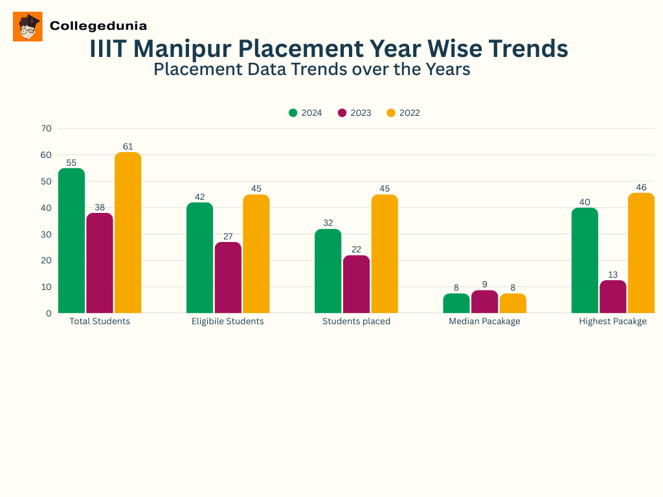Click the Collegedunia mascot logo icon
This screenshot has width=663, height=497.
[28, 27]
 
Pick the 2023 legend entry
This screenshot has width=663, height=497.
[354, 113]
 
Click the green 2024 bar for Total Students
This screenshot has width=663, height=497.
[71, 241]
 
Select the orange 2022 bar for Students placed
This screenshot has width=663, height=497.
[385, 254]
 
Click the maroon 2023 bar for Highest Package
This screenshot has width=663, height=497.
[612, 296]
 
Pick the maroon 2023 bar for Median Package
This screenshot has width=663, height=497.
[484, 302]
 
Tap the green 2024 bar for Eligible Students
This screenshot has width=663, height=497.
[199, 258]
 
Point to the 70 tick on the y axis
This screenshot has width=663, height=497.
[46, 128]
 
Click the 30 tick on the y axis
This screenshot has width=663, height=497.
[46, 234]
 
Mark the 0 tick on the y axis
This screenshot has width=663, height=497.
[49, 313]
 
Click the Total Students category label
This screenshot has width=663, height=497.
[100, 322]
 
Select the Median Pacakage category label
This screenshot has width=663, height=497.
[484, 322]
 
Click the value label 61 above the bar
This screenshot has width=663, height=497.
[128, 146]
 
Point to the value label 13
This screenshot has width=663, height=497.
[612, 274]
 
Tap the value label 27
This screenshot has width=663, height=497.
[228, 236]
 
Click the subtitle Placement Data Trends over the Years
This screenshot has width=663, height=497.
[311, 69]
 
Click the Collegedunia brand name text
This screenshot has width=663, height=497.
[98, 26]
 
